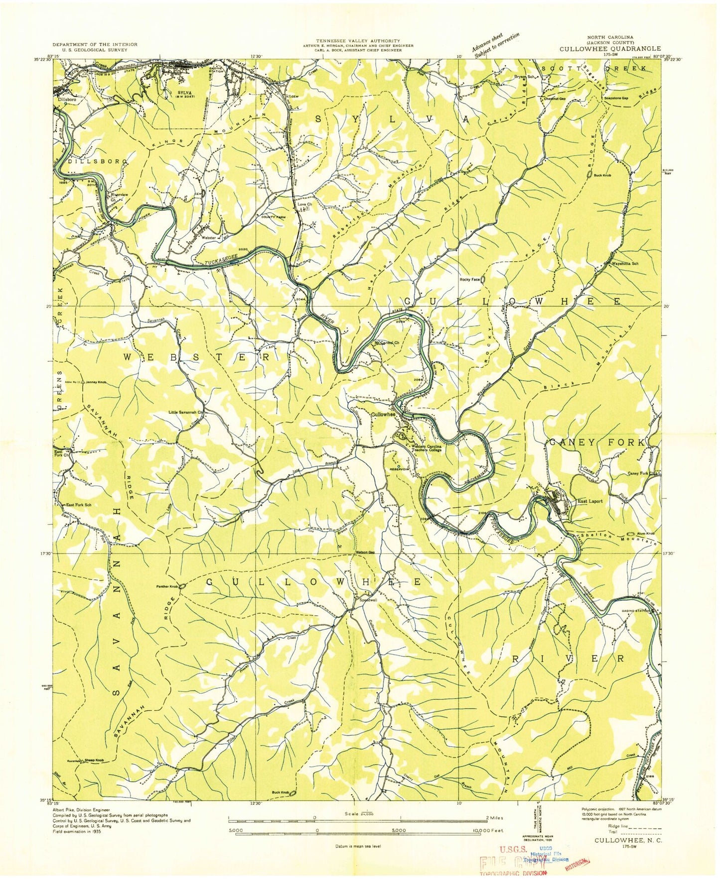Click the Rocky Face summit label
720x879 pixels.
pos(469,280)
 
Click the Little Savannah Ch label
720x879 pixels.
pos(184,412)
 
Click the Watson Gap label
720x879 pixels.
pos(364,552)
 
